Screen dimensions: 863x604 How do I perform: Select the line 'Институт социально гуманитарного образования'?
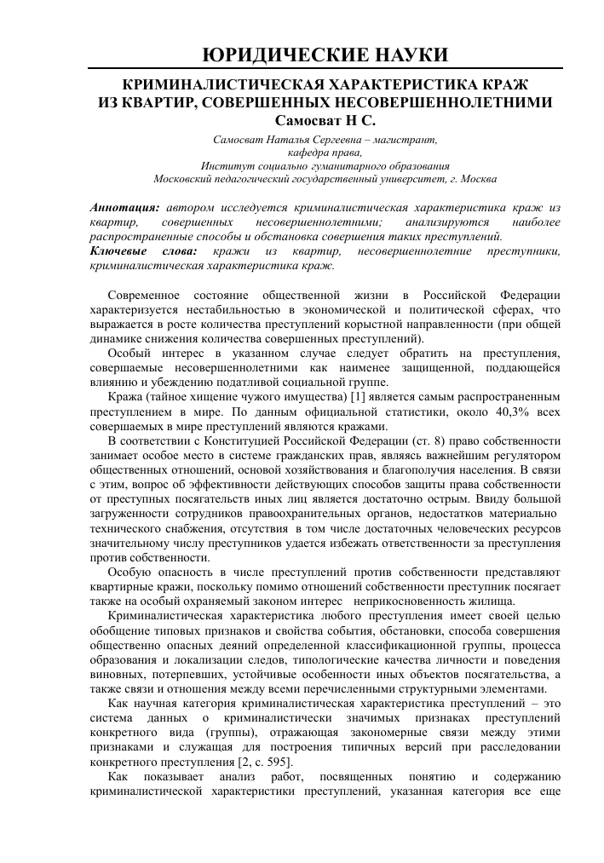[x=325, y=165]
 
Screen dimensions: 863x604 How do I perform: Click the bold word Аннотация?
[x=124, y=207]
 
